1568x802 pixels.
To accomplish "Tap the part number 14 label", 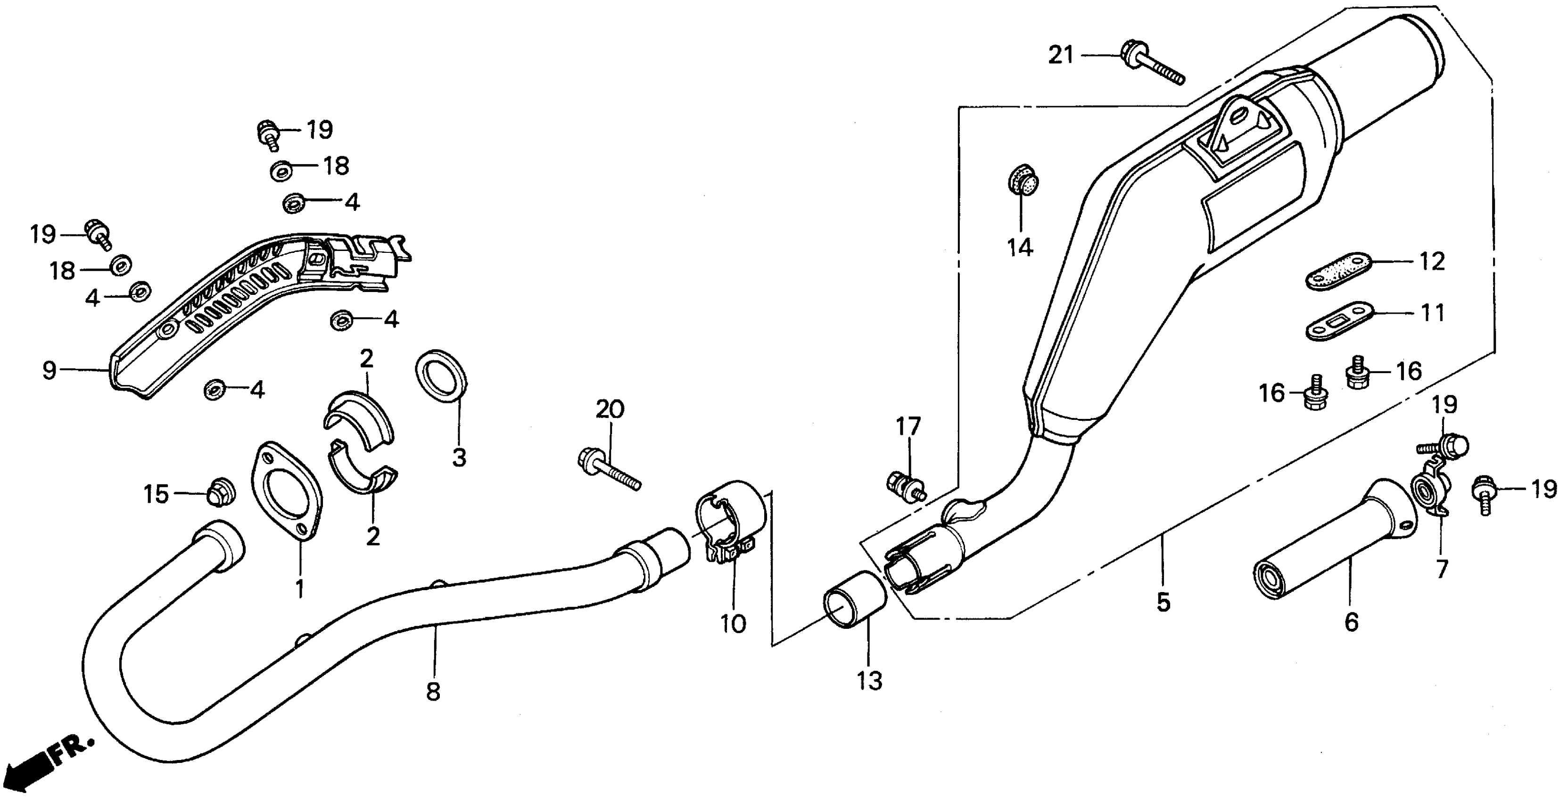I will (x=1020, y=247).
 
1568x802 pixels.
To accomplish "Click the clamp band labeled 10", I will (x=729, y=516).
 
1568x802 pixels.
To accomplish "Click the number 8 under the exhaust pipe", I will (x=433, y=691).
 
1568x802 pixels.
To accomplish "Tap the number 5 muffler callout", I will (x=1163, y=601).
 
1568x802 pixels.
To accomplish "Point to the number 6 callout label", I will (x=1351, y=621).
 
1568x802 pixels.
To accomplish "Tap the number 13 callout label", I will (x=869, y=680).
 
